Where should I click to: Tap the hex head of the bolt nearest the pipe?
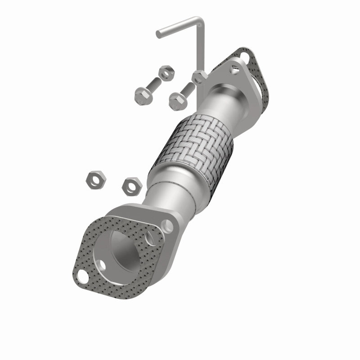[177, 100]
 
